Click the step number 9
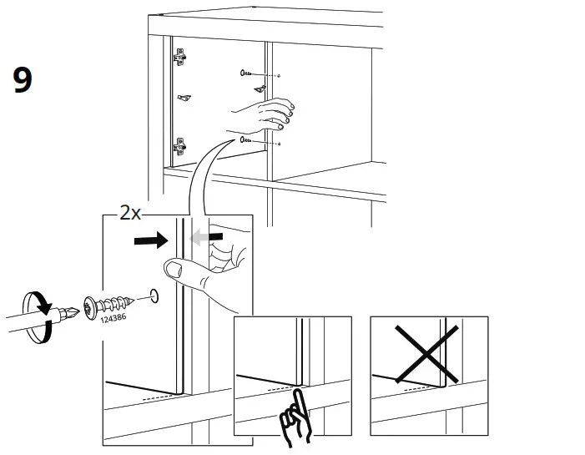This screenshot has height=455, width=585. click(x=23, y=79)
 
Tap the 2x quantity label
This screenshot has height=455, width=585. click(x=129, y=213)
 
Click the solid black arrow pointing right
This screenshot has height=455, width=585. click(x=154, y=240)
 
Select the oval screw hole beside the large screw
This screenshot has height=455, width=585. click(x=154, y=295)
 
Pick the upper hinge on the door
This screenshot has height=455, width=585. click(x=179, y=58)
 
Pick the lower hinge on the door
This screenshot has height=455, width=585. click(x=179, y=147)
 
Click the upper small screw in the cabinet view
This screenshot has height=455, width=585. click(x=247, y=73)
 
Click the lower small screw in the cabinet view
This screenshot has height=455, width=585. click(x=246, y=140)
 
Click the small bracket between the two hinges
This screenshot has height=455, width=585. click(x=184, y=99)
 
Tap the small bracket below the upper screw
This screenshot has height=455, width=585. click(x=260, y=88)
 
